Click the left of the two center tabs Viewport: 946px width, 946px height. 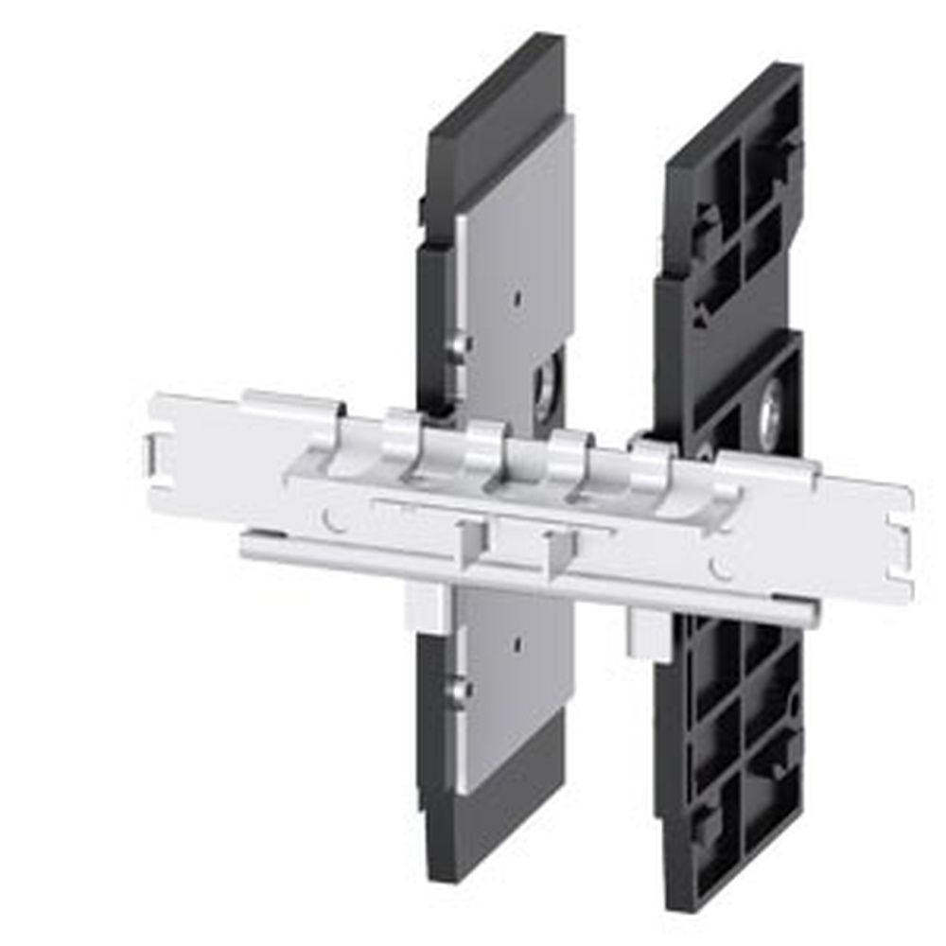(471, 544)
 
